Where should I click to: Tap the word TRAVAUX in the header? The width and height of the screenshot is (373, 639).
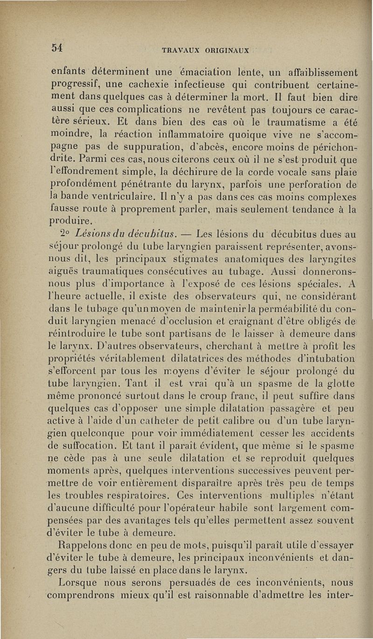(181, 50)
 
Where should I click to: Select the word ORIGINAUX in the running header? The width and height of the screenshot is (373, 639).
(226, 50)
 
